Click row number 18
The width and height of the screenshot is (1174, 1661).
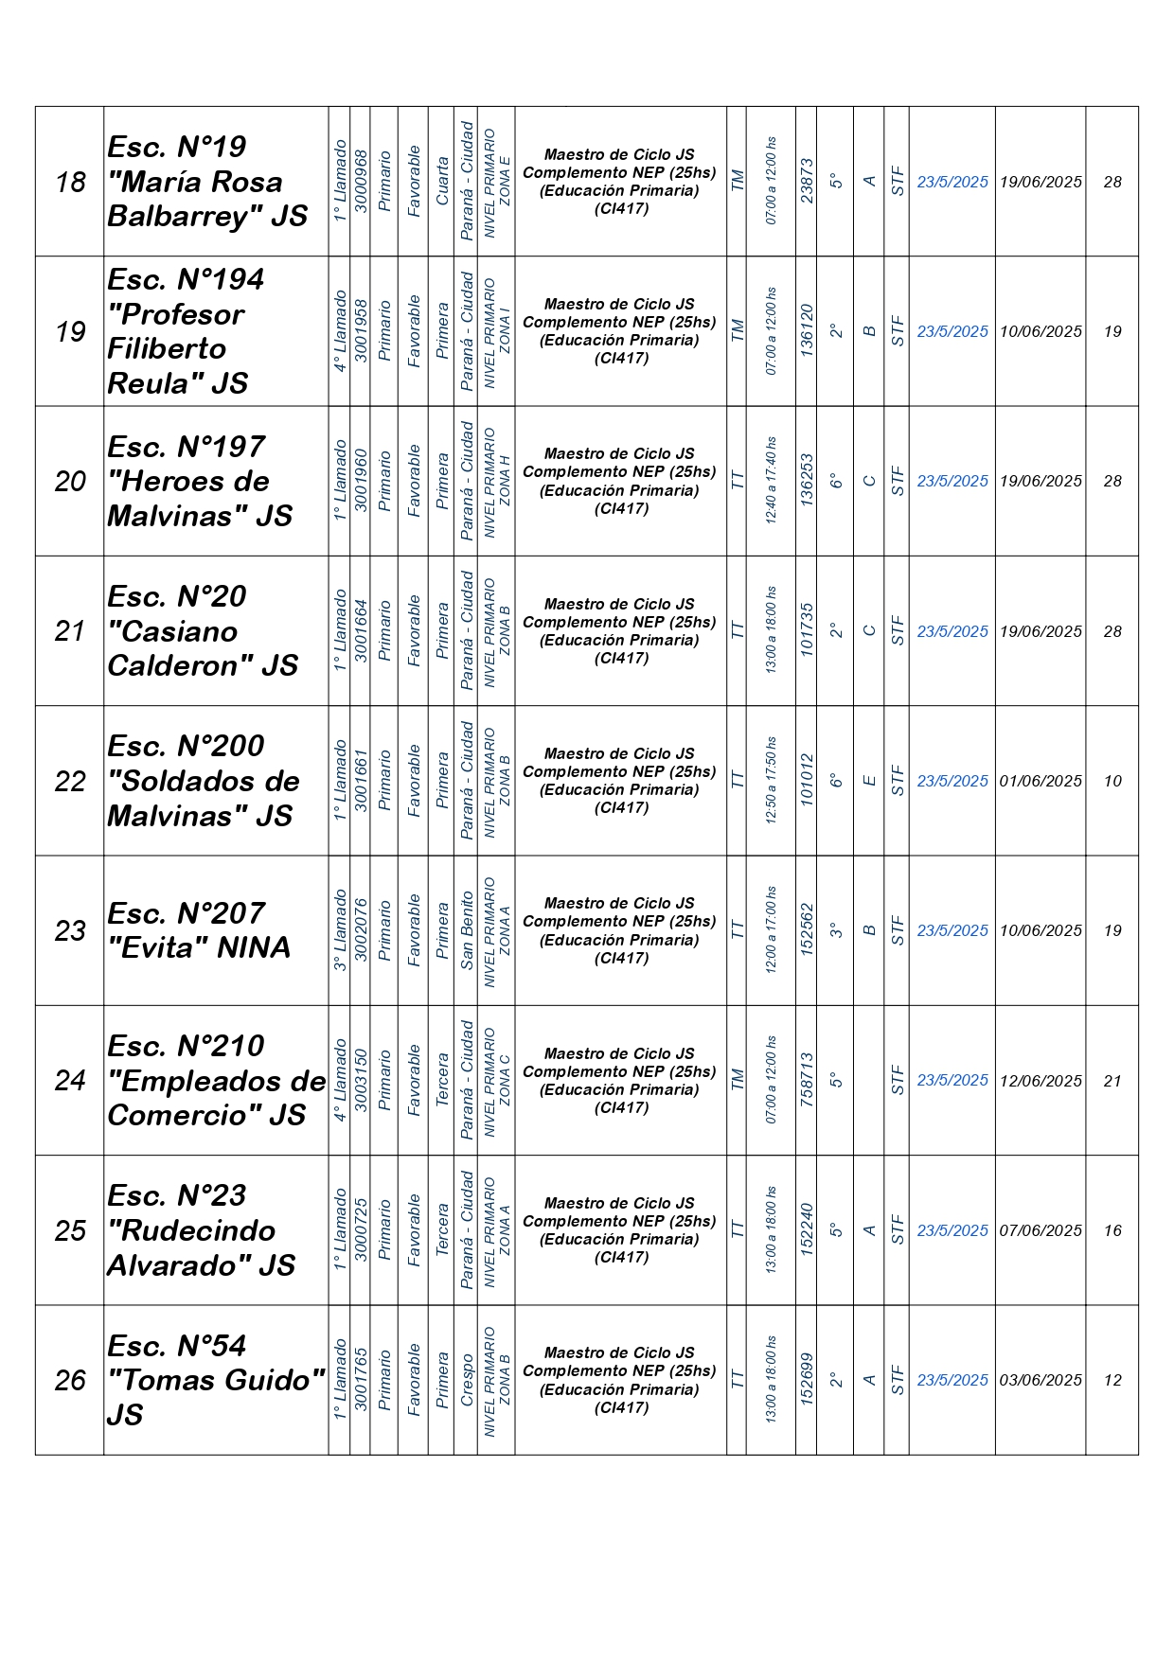70,182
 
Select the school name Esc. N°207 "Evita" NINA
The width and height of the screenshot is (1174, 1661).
199,930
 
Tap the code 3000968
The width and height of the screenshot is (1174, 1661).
360,181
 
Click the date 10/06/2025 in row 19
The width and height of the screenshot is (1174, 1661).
1041,331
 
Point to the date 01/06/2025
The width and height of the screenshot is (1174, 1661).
1041,781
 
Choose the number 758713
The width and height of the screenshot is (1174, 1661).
806,1080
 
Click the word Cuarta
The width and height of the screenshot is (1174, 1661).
441,181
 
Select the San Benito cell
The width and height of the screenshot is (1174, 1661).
467,930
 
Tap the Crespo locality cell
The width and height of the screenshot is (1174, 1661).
467,1380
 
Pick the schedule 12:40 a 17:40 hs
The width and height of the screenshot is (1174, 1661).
771,481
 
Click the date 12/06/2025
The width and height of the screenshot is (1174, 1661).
1041,1081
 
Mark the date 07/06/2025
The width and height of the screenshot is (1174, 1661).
1041,1230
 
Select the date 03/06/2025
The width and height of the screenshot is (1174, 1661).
1041,1380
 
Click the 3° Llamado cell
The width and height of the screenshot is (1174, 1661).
340,930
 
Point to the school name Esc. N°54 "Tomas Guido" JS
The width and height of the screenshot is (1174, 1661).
215,1380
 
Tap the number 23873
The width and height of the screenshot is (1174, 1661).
806,181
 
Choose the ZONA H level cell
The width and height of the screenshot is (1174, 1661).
496,481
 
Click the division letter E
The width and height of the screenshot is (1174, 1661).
868,781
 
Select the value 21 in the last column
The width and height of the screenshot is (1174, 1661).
1112,1081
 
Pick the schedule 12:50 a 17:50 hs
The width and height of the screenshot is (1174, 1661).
771,781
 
